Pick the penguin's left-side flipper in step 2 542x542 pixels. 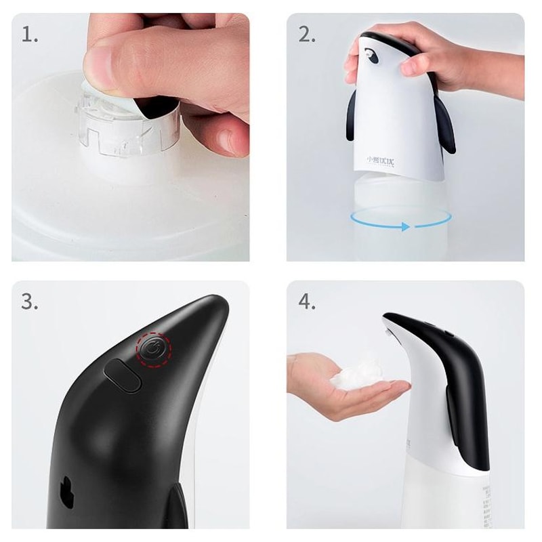[x=353, y=115]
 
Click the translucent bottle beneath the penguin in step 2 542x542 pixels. [x=400, y=224]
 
